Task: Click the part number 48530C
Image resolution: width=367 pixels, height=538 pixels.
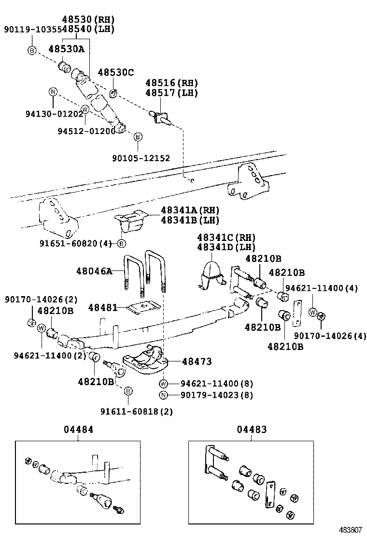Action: [115, 73]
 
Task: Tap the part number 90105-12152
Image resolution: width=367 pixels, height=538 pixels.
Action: [141, 158]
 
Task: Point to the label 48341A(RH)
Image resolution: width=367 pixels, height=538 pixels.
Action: [190, 210]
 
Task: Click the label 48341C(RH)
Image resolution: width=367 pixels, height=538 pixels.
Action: [226, 238]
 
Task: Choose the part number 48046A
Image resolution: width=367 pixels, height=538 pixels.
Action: [94, 271]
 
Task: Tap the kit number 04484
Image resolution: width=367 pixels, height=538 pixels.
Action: [78, 430]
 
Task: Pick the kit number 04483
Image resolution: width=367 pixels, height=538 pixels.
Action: [252, 430]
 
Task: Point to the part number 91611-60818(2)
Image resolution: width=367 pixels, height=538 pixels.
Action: [137, 411]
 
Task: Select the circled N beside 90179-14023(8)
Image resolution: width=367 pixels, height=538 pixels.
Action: [164, 395]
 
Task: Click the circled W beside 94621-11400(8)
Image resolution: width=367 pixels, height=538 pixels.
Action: [164, 384]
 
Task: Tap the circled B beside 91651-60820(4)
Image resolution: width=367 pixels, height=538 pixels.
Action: [122, 243]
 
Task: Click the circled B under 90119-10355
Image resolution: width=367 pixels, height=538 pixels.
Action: [31, 50]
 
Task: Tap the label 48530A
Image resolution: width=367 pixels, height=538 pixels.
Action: [66, 48]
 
